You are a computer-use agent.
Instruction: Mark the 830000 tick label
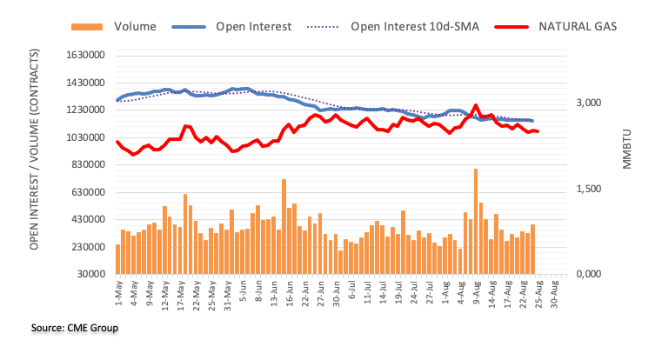point(85,165)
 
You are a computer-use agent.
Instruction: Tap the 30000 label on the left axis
point(89,275)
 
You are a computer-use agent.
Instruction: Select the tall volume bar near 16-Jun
point(284,226)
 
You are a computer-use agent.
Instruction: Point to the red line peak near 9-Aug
point(476,106)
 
